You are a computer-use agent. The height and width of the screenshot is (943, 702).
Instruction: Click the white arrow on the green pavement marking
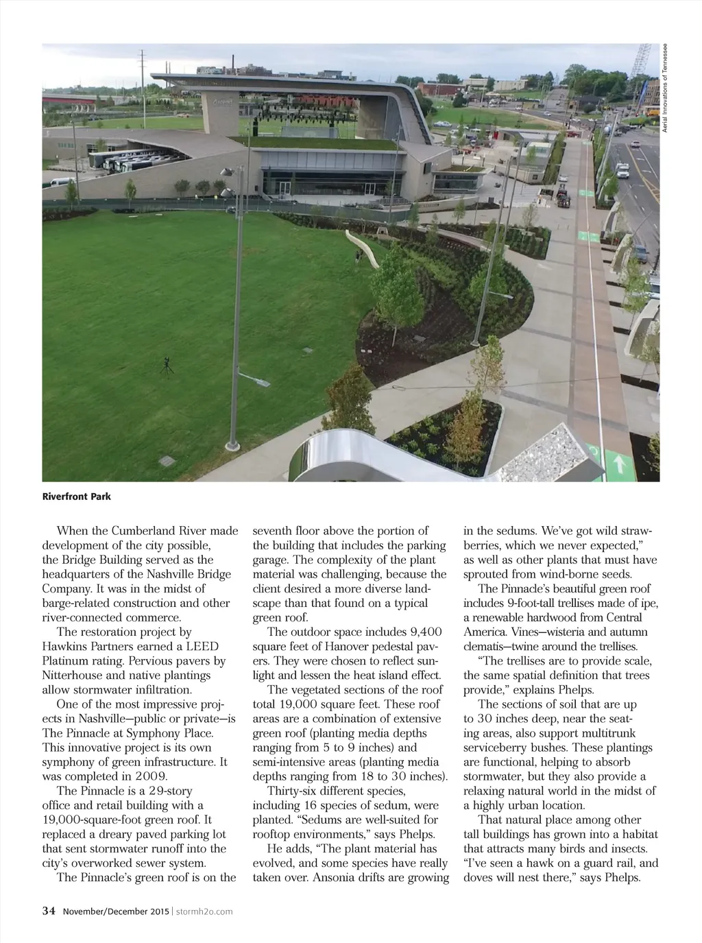tap(620, 464)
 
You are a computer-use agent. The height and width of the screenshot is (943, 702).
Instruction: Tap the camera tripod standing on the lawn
tap(167, 366)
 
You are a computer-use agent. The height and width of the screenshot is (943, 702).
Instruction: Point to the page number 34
tap(49, 911)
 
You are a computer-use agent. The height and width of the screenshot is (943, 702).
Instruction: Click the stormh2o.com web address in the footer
tap(204, 911)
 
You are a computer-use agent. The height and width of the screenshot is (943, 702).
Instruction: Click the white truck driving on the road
tap(622, 171)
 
